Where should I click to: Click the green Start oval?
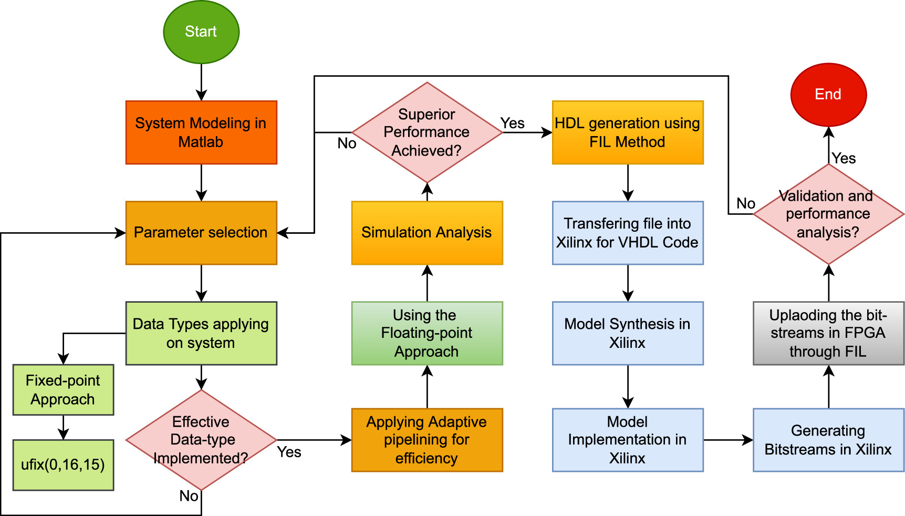pyautogui.click(x=201, y=32)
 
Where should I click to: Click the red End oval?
pyautogui.click(x=828, y=95)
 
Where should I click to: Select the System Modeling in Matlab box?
pyautogui.click(x=201, y=132)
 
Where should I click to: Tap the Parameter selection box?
pyautogui.click(x=201, y=233)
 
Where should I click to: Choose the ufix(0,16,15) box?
pyautogui.click(x=63, y=465)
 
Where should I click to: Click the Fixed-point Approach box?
pyautogui.click(x=63, y=390)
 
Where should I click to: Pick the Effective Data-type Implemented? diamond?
pyautogui.click(x=201, y=440)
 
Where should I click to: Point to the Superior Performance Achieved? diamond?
pyautogui.click(x=427, y=132)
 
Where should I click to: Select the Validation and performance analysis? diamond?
pyautogui.click(x=828, y=214)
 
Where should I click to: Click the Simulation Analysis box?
pyautogui.click(x=427, y=233)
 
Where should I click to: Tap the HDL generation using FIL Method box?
pyautogui.click(x=628, y=132)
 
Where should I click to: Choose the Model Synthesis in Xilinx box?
pyautogui.click(x=628, y=333)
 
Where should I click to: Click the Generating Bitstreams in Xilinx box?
pyautogui.click(x=828, y=440)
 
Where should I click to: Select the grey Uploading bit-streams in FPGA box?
pyautogui.click(x=828, y=333)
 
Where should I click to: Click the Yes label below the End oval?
pyautogui.click(x=844, y=158)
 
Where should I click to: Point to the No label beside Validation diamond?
pyautogui.click(x=745, y=203)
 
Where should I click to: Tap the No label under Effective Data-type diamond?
pyautogui.click(x=189, y=496)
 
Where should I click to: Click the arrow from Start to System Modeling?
pyautogui.click(x=201, y=82)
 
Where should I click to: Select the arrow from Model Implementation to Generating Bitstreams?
pyautogui.click(x=728, y=440)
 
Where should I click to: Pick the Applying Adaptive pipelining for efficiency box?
pyautogui.click(x=427, y=440)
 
